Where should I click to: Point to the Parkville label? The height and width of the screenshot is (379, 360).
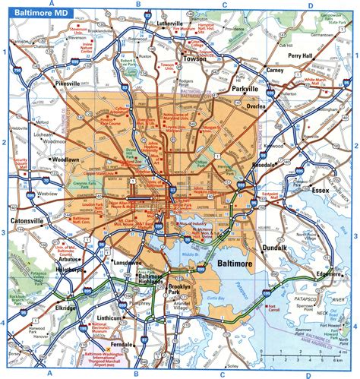(x=247, y=89)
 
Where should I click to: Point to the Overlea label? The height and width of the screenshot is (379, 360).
(x=252, y=108)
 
